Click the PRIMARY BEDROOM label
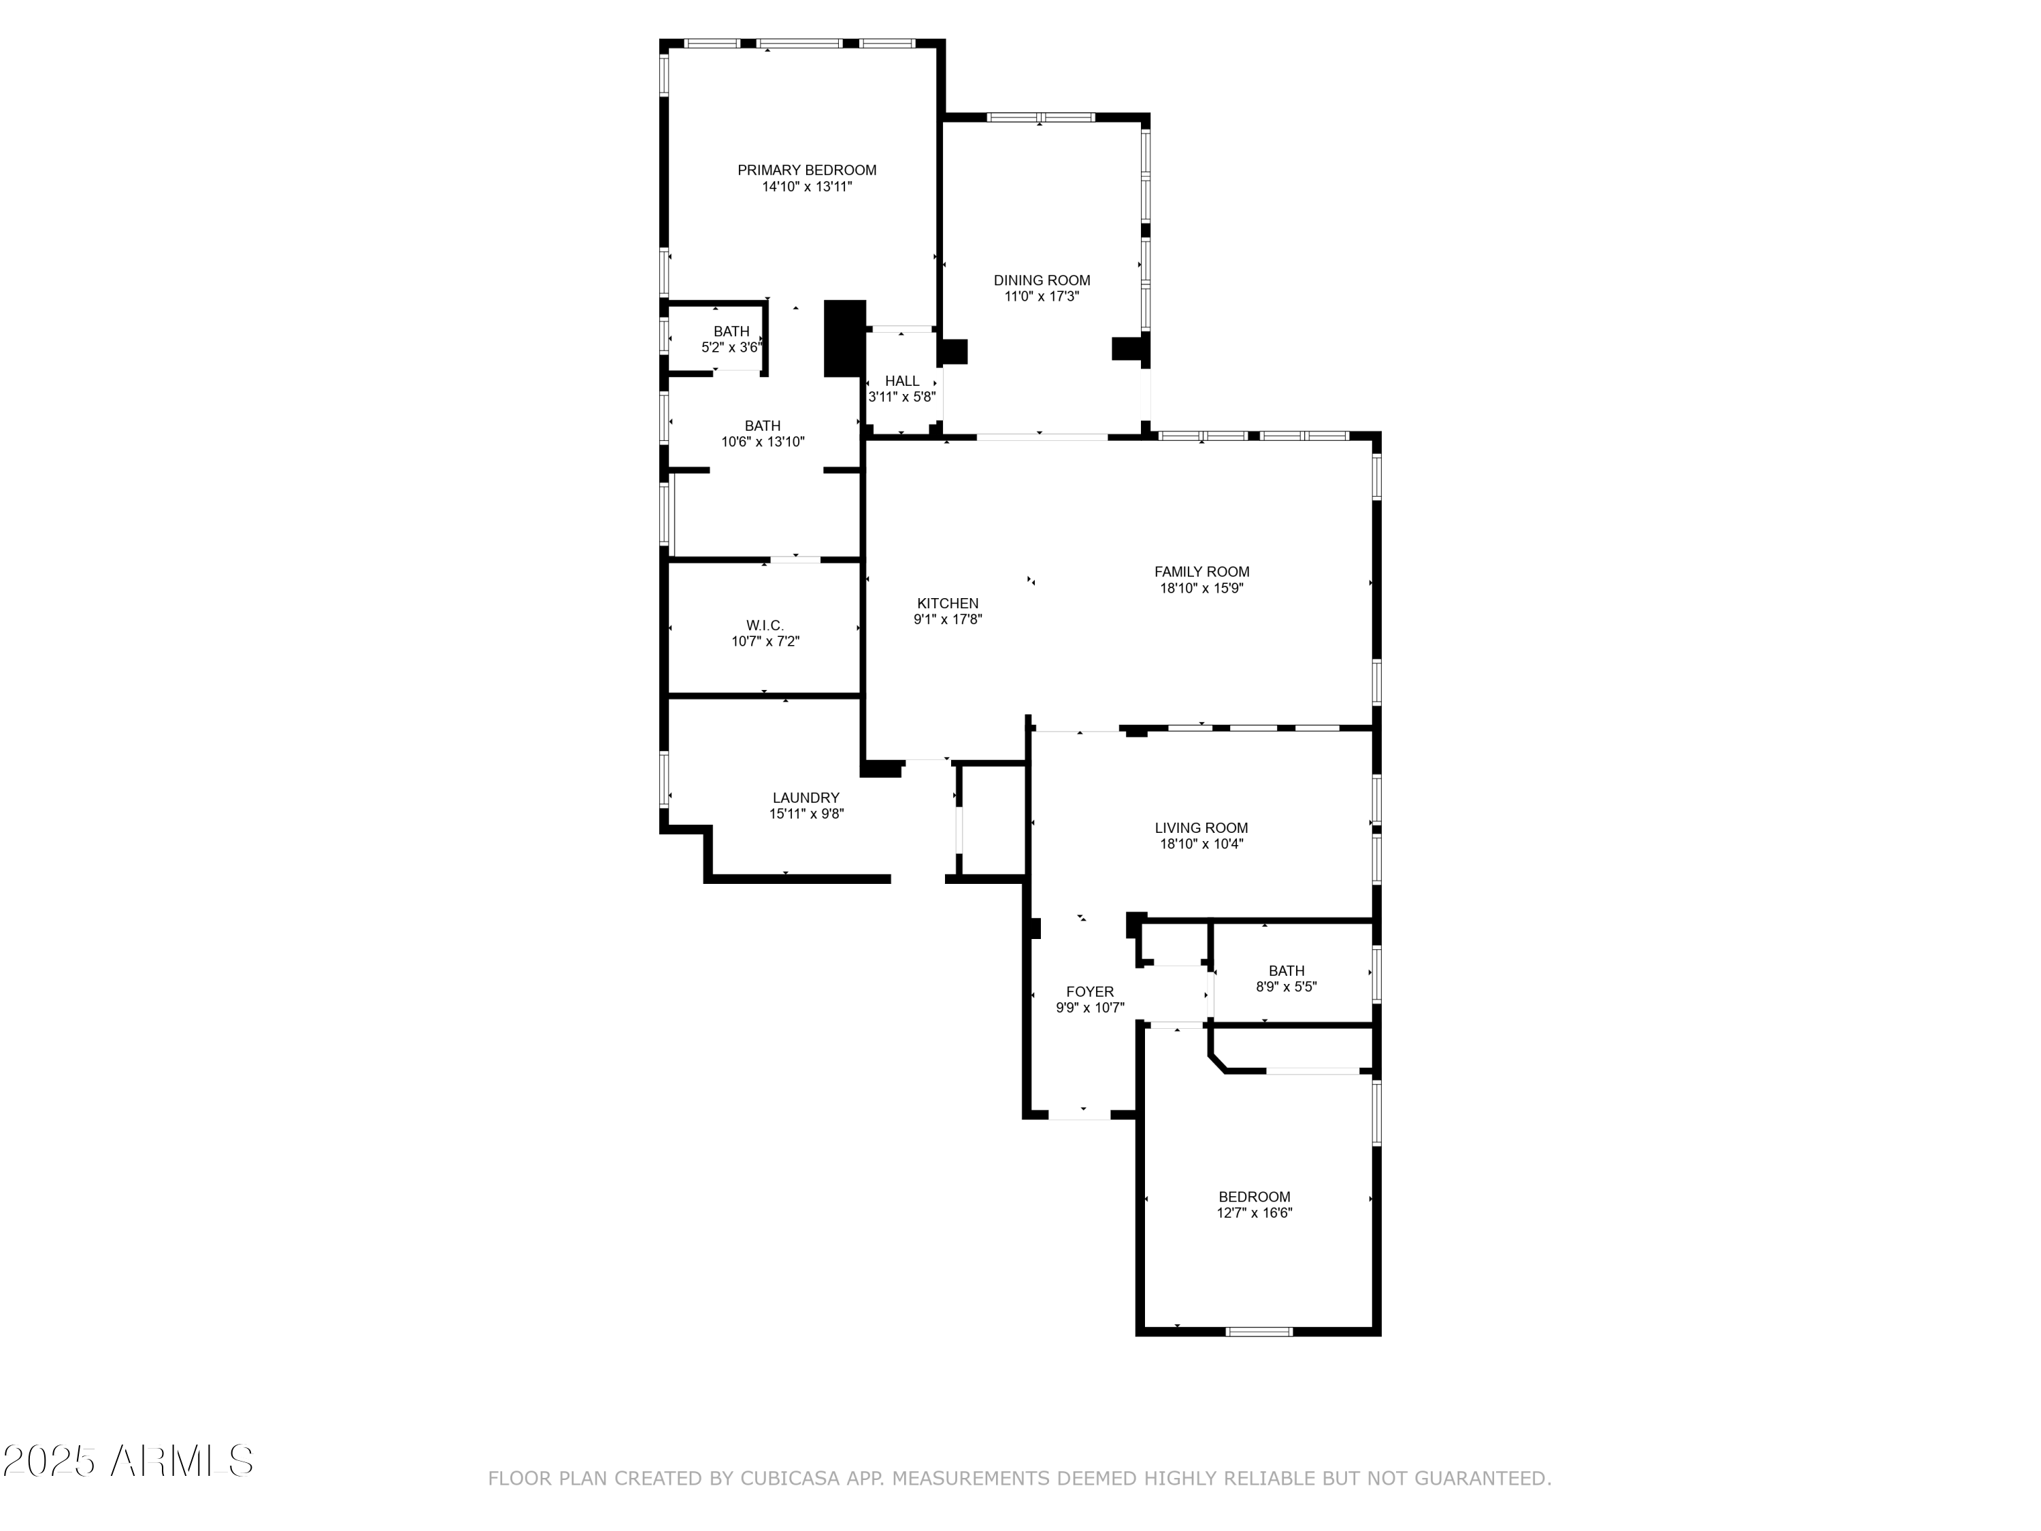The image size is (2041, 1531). (x=806, y=170)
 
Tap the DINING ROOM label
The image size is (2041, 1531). (x=1042, y=280)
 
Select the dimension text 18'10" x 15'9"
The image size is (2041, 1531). (x=1201, y=588)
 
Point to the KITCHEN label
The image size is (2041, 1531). (x=948, y=604)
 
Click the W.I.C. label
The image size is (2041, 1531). (x=765, y=626)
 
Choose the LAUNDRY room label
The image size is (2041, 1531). (x=806, y=798)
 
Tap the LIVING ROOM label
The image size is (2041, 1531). (x=1201, y=828)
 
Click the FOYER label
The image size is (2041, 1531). (x=1091, y=992)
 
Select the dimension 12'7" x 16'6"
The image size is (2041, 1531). (x=1255, y=1213)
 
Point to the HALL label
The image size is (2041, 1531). (x=902, y=381)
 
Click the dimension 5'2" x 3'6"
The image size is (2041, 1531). (x=731, y=348)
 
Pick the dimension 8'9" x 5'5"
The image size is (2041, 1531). (x=1287, y=987)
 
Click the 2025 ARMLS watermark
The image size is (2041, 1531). (x=129, y=1461)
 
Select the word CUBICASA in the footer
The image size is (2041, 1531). (x=790, y=1504)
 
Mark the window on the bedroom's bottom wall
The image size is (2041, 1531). (x=1259, y=1331)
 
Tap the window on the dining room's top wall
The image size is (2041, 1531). (x=1041, y=117)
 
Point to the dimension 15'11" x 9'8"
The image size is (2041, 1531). (x=806, y=814)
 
